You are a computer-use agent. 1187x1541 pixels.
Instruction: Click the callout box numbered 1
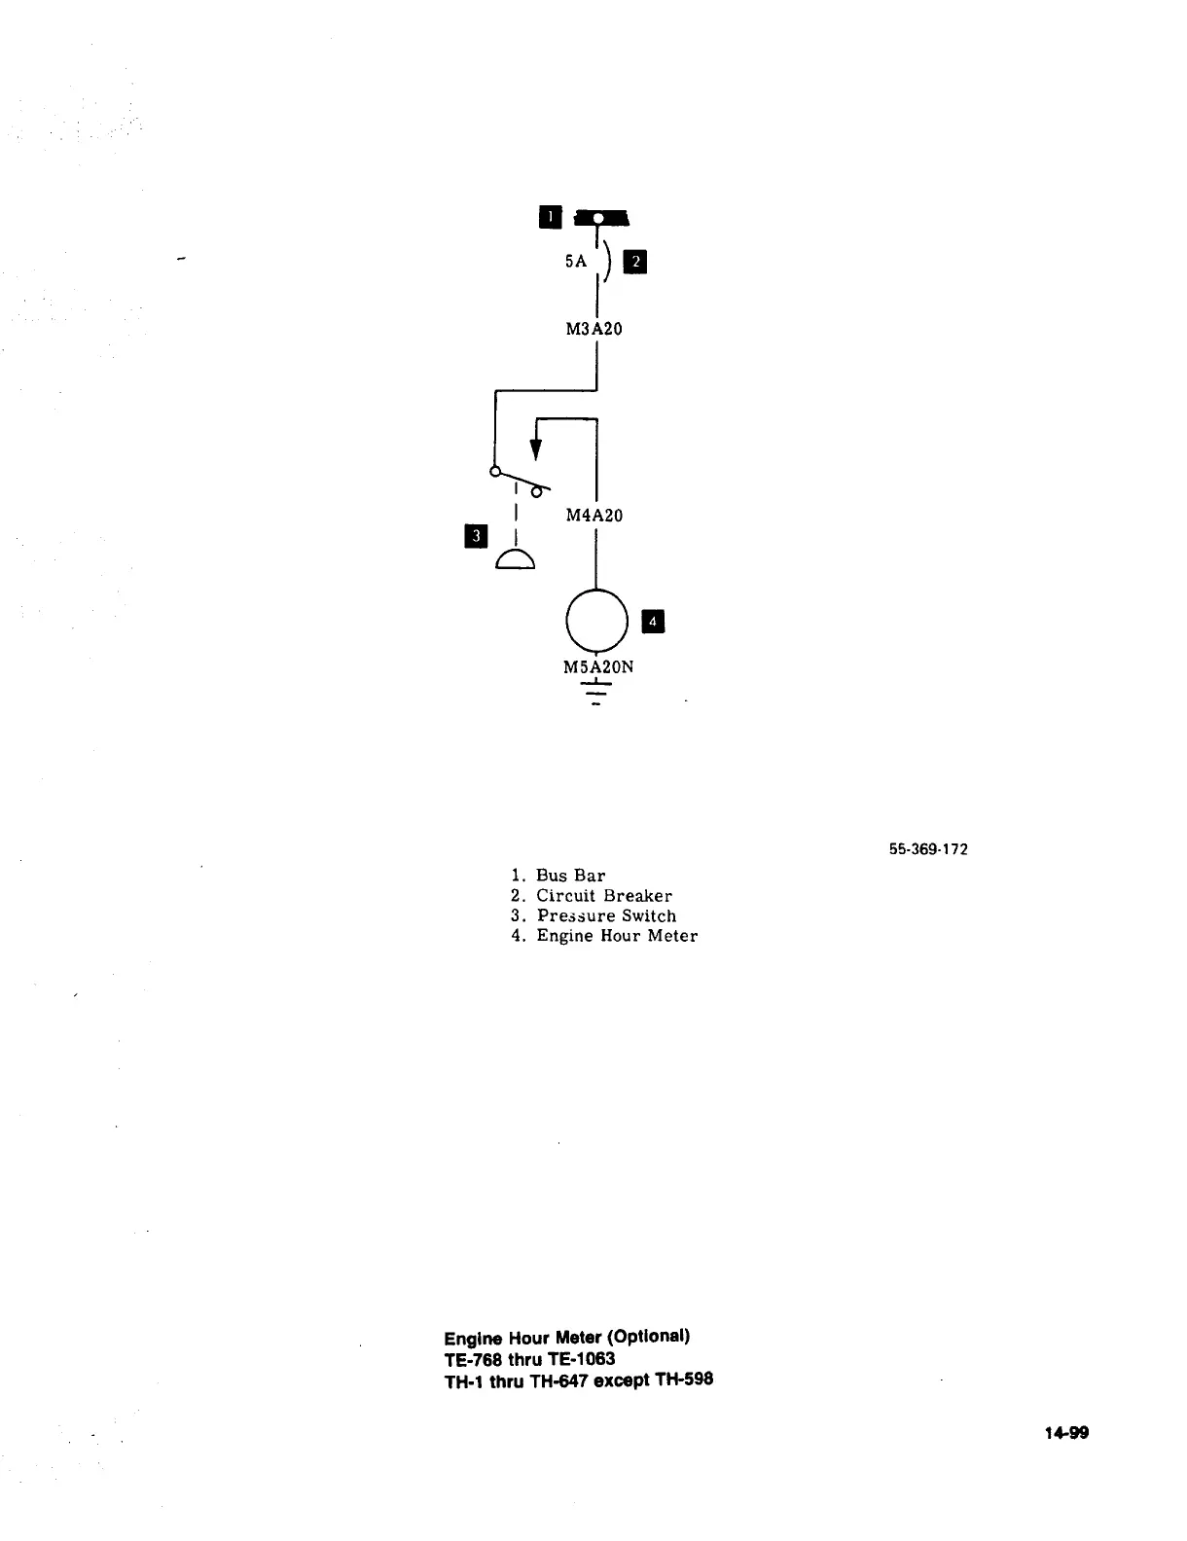[550, 217]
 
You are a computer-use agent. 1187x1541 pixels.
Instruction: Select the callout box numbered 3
[476, 535]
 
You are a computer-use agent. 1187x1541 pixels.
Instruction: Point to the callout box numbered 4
[653, 622]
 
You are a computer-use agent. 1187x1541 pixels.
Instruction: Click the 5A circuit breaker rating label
[576, 261]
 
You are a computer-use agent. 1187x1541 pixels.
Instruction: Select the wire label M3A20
[593, 329]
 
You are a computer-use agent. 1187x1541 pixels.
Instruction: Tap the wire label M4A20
[593, 515]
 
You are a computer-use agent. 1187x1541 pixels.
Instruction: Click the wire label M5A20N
[598, 666]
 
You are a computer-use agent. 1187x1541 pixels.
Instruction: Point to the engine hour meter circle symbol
[596, 621]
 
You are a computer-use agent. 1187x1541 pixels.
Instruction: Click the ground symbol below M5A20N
[595, 693]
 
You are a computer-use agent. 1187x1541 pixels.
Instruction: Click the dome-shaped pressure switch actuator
[515, 559]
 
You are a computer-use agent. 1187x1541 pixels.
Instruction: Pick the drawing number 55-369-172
[928, 849]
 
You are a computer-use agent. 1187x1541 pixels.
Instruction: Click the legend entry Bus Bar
[570, 876]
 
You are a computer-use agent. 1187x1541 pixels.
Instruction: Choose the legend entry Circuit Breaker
[603, 896]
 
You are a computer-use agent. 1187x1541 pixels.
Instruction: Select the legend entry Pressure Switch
[606, 916]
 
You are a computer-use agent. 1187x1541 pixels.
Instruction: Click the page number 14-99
[1066, 1432]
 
